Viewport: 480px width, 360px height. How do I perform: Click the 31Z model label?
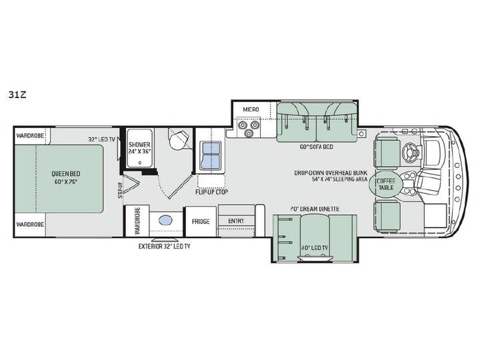pyautogui.click(x=17, y=95)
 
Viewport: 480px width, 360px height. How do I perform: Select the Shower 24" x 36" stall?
pyautogui.click(x=139, y=148)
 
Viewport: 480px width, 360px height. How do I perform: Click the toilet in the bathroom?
pyautogui.click(x=179, y=139)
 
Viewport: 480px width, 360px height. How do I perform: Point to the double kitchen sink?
pyautogui.click(x=210, y=155)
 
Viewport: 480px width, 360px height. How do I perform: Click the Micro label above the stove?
pyautogui.click(x=251, y=109)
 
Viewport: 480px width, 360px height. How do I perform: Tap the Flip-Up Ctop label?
pyautogui.click(x=211, y=192)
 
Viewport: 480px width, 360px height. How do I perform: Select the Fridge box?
pyautogui.click(x=201, y=221)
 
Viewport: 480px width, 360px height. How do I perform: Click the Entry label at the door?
pyautogui.click(x=236, y=221)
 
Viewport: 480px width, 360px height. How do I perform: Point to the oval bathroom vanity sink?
pyautogui.click(x=165, y=221)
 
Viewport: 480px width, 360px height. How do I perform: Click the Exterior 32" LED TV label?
pyautogui.click(x=165, y=246)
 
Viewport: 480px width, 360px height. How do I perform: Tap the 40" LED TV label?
pyautogui.click(x=315, y=247)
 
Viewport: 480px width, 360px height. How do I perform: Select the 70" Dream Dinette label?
pyautogui.click(x=315, y=209)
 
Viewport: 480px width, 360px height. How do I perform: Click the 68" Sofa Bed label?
pyautogui.click(x=316, y=147)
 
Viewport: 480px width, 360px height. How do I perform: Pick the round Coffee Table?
pyautogui.click(x=386, y=184)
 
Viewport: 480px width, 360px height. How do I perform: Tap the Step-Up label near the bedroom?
pyautogui.click(x=120, y=190)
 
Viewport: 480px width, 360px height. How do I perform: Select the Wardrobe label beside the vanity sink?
pyautogui.click(x=137, y=221)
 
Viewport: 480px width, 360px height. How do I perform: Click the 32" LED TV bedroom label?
pyautogui.click(x=101, y=139)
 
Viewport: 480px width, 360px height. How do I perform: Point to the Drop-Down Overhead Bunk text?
pyautogui.click(x=331, y=173)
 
